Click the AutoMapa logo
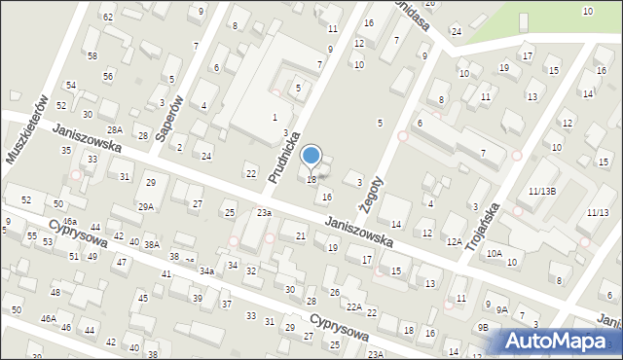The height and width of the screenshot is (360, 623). tap(562, 341)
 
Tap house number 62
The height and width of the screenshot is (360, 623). tap(108, 18)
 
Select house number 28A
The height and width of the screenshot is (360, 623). tap(115, 130)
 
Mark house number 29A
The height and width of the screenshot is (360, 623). tap(146, 206)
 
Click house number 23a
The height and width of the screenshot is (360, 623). tap(264, 212)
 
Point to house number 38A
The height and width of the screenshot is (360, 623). tap(152, 244)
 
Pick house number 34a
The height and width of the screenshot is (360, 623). tap(206, 270)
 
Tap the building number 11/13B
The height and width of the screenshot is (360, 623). tap(542, 191)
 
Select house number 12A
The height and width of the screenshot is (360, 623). tap(454, 241)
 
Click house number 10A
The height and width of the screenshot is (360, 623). tap(495, 253)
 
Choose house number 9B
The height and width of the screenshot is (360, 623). tap(482, 327)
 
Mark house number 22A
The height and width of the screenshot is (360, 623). tap(354, 307)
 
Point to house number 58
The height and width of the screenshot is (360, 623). tap(92, 56)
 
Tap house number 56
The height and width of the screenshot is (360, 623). tap(108, 76)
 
